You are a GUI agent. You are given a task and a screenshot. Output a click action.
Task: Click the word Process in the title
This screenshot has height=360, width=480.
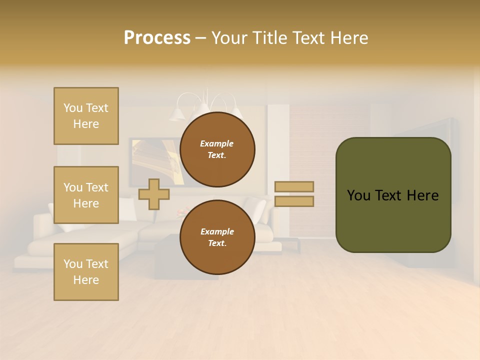pos(157,38)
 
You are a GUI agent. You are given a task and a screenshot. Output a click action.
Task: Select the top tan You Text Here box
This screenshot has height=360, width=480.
pos(86,116)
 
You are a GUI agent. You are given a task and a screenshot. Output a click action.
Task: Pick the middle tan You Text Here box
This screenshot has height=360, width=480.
pos(86,195)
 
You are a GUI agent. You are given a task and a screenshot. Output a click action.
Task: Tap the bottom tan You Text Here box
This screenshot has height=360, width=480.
pos(86,271)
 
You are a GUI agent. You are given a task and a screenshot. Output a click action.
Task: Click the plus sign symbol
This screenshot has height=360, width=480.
pos(154,194)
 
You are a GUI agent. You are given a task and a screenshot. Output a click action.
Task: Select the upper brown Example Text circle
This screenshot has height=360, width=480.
pos(217,149)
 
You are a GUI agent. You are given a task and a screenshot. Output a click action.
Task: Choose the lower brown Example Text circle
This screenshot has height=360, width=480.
pos(217,237)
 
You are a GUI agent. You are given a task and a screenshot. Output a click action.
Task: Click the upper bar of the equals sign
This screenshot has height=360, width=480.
pos(294,186)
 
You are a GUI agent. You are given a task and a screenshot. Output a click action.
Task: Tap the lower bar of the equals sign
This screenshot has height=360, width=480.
pos(294,201)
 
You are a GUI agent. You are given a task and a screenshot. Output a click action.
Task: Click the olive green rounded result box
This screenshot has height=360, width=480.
pos(393,195)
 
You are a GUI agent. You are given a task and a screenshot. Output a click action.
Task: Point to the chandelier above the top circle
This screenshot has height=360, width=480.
pos(202,105)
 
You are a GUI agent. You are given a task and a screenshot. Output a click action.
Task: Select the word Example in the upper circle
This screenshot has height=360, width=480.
pos(217,143)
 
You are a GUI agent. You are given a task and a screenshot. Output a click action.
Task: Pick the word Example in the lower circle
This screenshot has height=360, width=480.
pos(217,231)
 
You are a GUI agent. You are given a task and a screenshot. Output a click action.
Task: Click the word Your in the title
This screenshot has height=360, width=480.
pos(229,38)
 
